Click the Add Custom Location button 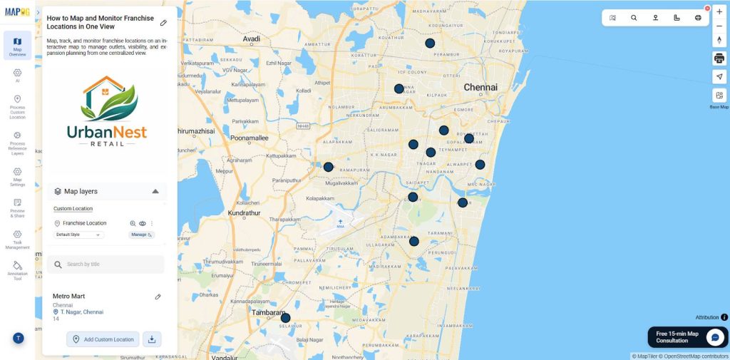pyautogui.click(x=103, y=339)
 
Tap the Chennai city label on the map pyautogui.click(x=480, y=87)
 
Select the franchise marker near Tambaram pyautogui.click(x=285, y=318)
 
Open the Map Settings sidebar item pyautogui.click(x=17, y=176)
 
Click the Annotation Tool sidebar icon pyautogui.click(x=17, y=269)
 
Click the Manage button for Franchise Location pyautogui.click(x=141, y=235)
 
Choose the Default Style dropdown pyautogui.click(x=79, y=235)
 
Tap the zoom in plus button pyautogui.click(x=719, y=11)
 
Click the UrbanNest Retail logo pyautogui.click(x=107, y=110)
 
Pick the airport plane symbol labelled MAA pyautogui.click(x=340, y=222)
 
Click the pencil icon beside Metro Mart pyautogui.click(x=158, y=297)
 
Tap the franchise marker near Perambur pyautogui.click(x=430, y=43)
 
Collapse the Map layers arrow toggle pyautogui.click(x=155, y=191)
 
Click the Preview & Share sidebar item pyautogui.click(x=17, y=207)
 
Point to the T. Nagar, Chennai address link pyautogui.click(x=81, y=312)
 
